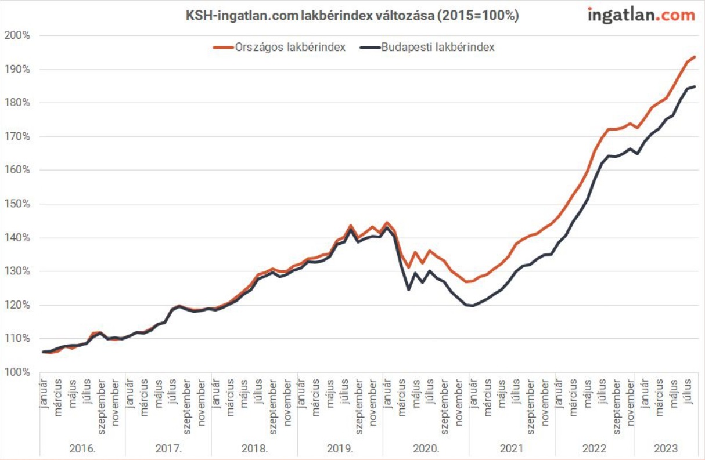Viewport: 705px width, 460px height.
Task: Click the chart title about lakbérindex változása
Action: (x=352, y=16)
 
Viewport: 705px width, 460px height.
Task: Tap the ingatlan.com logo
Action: (x=641, y=15)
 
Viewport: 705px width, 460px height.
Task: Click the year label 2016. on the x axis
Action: (x=82, y=448)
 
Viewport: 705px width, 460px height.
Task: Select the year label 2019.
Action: (x=340, y=448)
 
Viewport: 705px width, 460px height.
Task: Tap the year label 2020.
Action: (x=426, y=448)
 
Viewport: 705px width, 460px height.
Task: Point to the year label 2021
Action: (x=512, y=448)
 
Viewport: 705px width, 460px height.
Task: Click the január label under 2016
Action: (x=44, y=394)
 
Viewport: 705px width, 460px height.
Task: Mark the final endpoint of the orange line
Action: (x=695, y=57)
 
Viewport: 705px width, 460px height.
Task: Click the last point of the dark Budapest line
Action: (x=695, y=86)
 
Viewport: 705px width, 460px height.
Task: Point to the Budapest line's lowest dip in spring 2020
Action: (x=408, y=289)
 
